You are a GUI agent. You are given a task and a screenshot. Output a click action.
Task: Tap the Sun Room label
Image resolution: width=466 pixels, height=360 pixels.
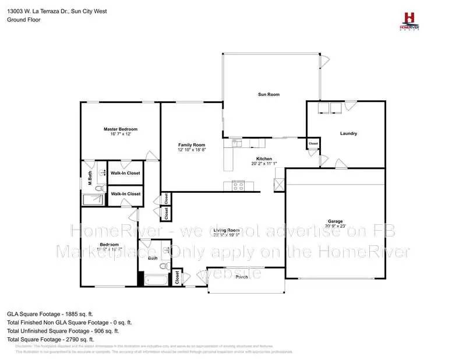pos(269,94)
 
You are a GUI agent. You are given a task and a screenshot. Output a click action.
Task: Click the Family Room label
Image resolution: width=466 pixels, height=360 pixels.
pos(192,144)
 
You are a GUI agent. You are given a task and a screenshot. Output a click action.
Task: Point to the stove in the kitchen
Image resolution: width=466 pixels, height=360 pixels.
pos(238,186)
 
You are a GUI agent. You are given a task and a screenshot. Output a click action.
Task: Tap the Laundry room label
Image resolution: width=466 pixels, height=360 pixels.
pos(348,133)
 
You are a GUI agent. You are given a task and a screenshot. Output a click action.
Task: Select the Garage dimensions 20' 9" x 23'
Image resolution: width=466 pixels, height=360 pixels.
pos(335,226)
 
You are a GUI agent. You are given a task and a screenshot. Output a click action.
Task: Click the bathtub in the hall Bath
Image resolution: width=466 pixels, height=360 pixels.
pos(156,280)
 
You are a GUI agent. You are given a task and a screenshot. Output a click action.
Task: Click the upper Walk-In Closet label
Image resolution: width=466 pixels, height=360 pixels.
pos(125,173)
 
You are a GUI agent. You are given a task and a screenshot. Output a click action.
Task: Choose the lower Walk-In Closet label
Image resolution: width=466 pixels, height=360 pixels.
pos(125,193)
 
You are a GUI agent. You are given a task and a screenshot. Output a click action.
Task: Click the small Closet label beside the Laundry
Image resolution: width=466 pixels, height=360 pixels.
pos(313,143)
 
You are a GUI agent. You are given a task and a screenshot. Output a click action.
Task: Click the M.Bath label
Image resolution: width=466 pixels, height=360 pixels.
pos(90,178)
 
